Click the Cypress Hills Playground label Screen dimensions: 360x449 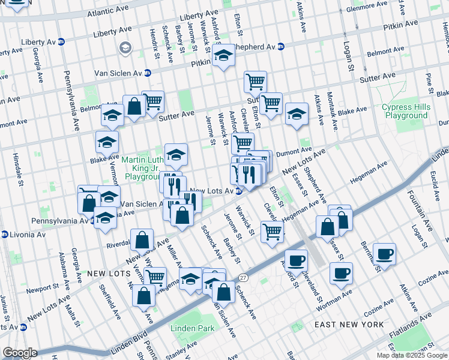tap(405, 111)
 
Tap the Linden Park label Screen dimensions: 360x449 tap(192, 328)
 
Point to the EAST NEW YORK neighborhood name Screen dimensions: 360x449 tap(349, 325)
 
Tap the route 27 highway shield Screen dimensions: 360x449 tap(243, 277)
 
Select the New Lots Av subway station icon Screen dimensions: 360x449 tap(239, 191)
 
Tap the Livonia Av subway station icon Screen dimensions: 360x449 tap(4, 233)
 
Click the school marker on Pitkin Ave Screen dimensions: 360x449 tap(223, 56)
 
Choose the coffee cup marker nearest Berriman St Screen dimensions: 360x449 tap(384, 253)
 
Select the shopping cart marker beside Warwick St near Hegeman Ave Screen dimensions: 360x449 tap(273, 230)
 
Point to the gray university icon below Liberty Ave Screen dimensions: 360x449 tap(125, 48)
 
